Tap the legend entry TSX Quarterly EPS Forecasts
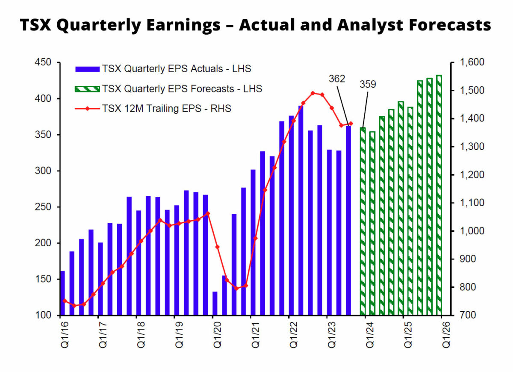pyautogui.click(x=182, y=89)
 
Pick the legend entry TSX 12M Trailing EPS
pyautogui.click(x=166, y=109)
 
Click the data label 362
pyautogui.click(x=337, y=79)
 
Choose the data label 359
pyautogui.click(x=368, y=84)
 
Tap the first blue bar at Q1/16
pyautogui.click(x=62, y=293)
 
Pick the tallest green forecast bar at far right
pyautogui.click(x=439, y=195)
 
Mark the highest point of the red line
pyautogui.click(x=313, y=93)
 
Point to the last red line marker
pyautogui.click(x=351, y=124)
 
